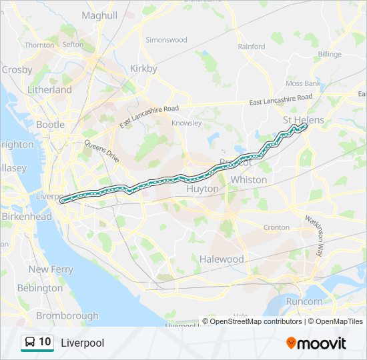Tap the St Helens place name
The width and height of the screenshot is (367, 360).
tap(303, 120)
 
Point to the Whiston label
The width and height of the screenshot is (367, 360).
tap(248, 179)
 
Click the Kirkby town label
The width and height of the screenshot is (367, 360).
tap(143, 68)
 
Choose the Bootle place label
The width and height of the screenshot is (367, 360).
tap(51, 124)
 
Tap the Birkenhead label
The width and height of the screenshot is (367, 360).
tap(27, 217)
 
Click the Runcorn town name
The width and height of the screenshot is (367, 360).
tap(304, 301)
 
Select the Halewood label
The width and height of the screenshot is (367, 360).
tap(222, 259)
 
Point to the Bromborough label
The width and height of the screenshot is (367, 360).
tap(67, 315)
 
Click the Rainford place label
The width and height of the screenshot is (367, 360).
tap(251, 47)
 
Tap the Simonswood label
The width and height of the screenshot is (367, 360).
tap(166, 39)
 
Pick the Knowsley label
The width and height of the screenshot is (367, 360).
tap(186, 123)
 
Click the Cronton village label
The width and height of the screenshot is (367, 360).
tap(276, 227)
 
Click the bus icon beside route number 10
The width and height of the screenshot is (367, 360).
tap(29, 343)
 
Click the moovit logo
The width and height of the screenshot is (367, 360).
tap(316, 343)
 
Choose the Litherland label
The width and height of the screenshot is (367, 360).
tap(49, 89)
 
